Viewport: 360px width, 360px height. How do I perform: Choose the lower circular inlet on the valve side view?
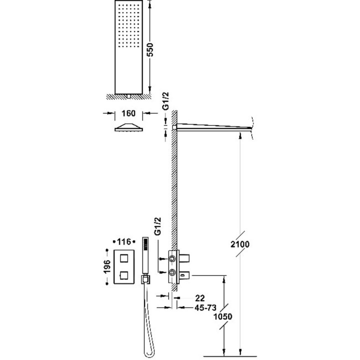click(x=172, y=272)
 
